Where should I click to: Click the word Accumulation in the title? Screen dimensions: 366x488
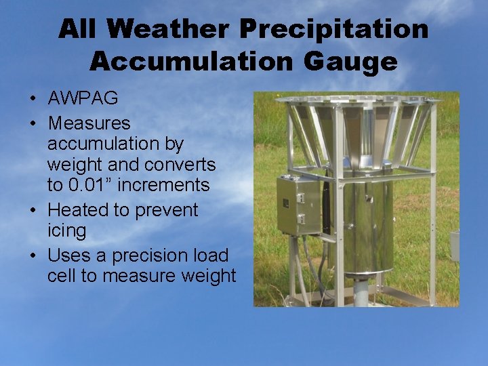pyautogui.click(x=195, y=62)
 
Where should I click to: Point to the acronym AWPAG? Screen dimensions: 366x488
pyautogui.click(x=83, y=98)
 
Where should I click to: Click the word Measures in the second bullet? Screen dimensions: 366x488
pyautogui.click(x=89, y=123)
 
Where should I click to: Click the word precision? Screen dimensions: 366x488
pyautogui.click(x=142, y=256)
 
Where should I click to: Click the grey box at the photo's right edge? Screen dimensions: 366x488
pyautogui.click(x=455, y=245)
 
